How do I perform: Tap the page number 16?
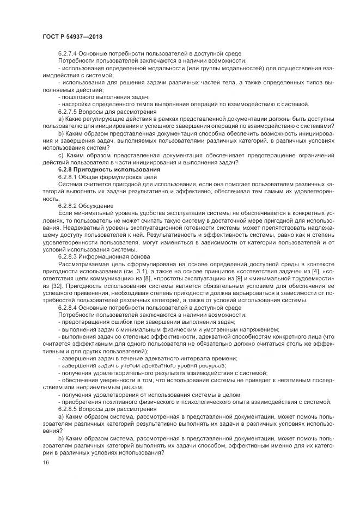coord(45,462)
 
